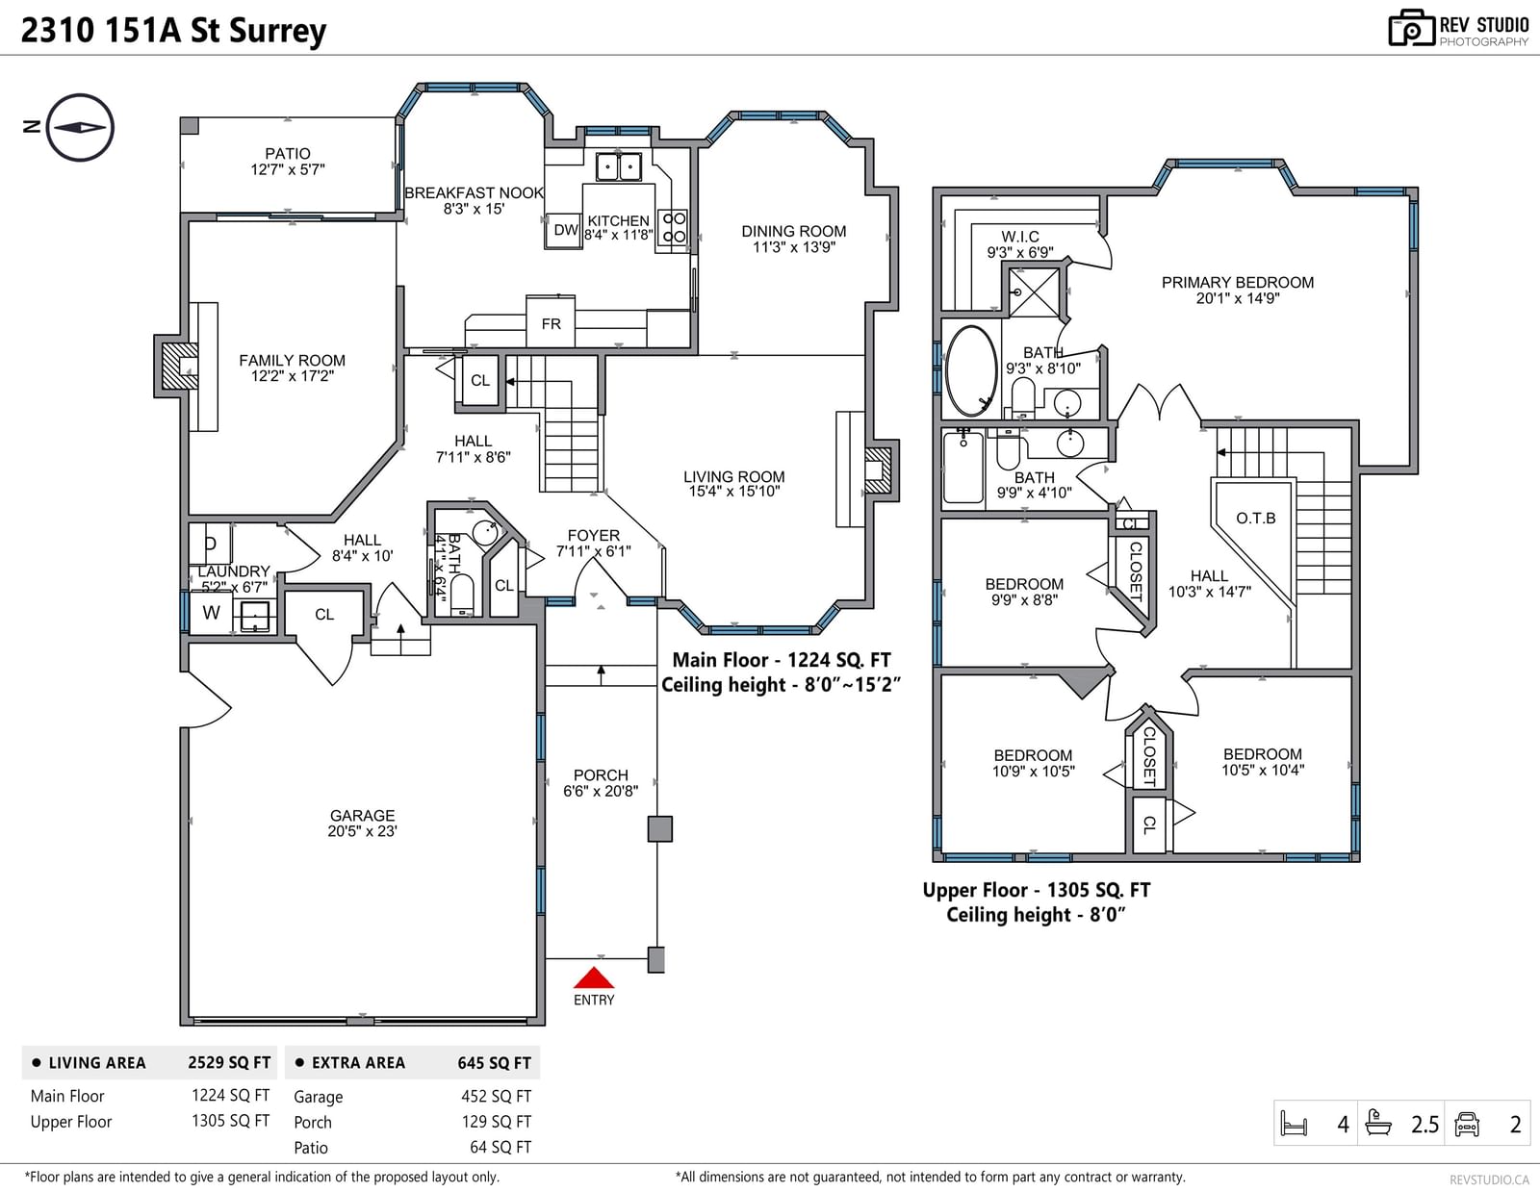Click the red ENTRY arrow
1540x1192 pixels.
[x=593, y=977]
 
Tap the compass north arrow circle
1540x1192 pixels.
[x=80, y=95]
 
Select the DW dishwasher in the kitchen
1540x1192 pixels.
[x=563, y=230]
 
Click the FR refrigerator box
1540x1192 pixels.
[x=551, y=322]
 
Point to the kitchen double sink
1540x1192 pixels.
[x=618, y=167]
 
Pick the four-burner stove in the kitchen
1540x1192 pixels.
[x=673, y=227]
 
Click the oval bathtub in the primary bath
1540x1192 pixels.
[x=971, y=370]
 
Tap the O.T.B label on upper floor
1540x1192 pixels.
[x=1256, y=518]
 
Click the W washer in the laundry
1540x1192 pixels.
[x=211, y=613]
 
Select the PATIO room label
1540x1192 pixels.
[x=288, y=154]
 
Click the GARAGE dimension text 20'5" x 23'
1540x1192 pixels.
[x=362, y=831]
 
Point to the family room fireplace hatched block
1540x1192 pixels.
[x=180, y=367]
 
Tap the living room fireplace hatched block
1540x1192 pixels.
[x=878, y=470]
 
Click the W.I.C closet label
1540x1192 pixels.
[x=1020, y=237]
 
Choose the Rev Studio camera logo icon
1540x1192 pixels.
[x=1411, y=28]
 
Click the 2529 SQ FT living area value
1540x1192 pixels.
[x=229, y=1062]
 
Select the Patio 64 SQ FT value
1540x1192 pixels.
[x=500, y=1147]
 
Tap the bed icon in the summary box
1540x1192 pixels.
[x=1294, y=1124]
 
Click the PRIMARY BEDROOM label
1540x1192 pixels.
[x=1238, y=282]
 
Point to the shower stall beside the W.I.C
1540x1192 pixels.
[x=1034, y=292]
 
